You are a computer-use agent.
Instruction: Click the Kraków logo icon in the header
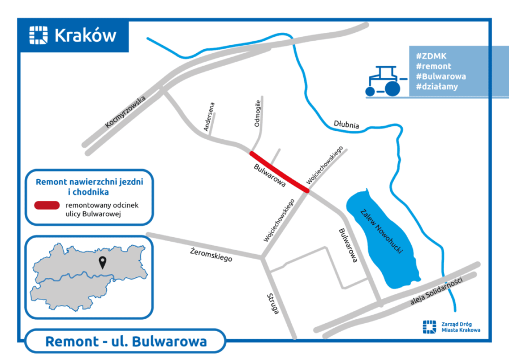(38, 35)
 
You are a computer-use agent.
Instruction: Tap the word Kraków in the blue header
(85, 36)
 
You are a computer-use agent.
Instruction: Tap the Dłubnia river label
(346, 124)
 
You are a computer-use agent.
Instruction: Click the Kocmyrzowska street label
(126, 112)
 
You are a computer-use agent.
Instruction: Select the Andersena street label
(209, 117)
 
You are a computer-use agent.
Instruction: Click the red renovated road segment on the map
(279, 173)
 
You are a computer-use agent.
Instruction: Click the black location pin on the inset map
(102, 262)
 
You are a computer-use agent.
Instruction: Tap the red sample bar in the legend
(46, 205)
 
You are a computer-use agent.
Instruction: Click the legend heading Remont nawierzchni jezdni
(89, 182)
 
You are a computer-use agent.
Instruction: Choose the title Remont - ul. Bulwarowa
(126, 342)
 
